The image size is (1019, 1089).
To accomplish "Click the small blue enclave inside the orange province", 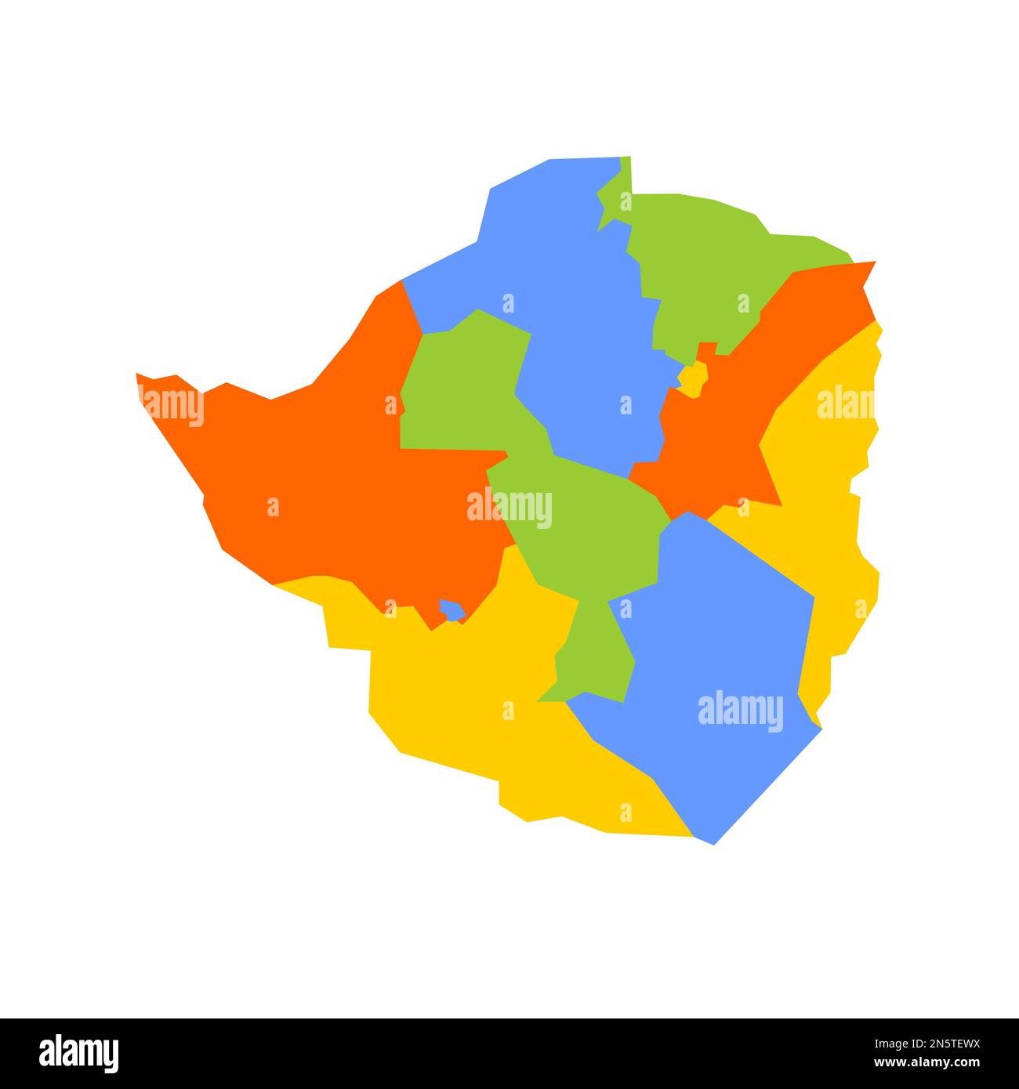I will click(451, 610).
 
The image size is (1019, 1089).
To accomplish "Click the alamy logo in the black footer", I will click(78, 1053).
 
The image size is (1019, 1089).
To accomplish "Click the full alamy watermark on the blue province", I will click(740, 711).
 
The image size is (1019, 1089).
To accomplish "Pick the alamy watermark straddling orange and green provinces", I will click(509, 508).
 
